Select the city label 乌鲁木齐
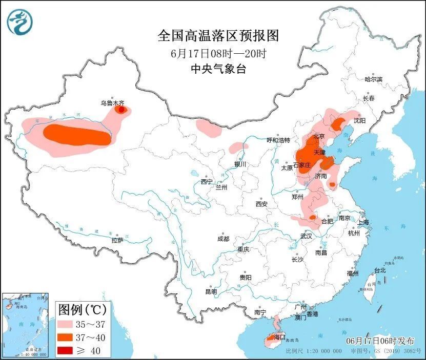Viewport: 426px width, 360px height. (111, 103)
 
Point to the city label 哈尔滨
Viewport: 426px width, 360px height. (373, 79)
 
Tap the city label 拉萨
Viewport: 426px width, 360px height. (117, 240)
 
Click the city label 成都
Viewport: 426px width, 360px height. (223, 239)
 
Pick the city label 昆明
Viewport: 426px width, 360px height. (211, 291)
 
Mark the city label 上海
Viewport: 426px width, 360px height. (363, 222)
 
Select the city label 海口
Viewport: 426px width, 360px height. (279, 337)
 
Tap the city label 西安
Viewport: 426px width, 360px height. (261, 204)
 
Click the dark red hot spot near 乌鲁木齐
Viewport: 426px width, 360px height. (121, 109)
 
